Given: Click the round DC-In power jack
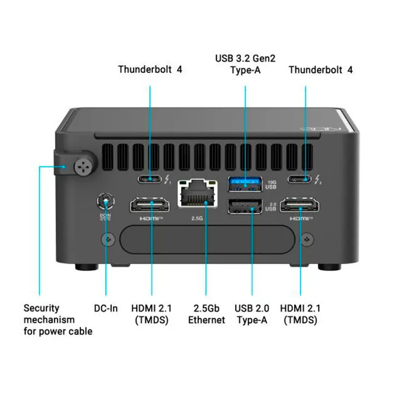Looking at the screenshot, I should [x=105, y=201].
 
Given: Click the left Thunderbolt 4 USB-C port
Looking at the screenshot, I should [x=150, y=179].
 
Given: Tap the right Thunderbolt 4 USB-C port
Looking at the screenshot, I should [x=300, y=179].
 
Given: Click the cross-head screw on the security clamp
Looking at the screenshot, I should [x=82, y=167].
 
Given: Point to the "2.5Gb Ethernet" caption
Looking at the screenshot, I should [x=206, y=314].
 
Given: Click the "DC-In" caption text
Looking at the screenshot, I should [x=106, y=308].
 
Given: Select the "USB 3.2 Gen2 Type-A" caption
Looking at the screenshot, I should [x=245, y=64].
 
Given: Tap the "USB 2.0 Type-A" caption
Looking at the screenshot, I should [x=251, y=314].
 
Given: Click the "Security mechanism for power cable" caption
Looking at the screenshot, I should [x=58, y=320].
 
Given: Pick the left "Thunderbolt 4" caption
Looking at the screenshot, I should [x=150, y=69].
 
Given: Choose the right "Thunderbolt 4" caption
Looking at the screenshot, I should [x=321, y=69].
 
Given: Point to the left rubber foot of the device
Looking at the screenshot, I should [x=86, y=267].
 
